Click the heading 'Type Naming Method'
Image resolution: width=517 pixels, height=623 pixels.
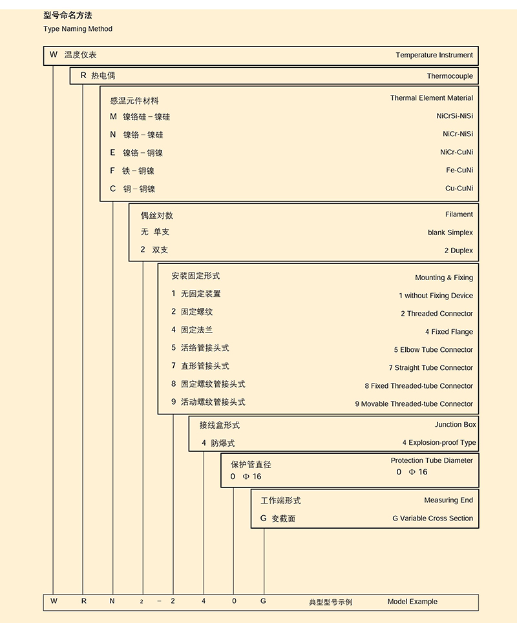[x=78, y=29]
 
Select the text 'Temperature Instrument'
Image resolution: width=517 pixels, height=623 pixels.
[x=434, y=56]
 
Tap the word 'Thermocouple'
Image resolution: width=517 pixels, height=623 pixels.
[x=450, y=76]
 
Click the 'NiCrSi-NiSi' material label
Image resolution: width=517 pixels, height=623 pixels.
[x=454, y=116]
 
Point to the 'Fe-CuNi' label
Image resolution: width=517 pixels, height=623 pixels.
[x=459, y=170]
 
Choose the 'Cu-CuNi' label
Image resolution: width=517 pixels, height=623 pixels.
[x=459, y=189]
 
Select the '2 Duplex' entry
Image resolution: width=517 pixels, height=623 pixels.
[x=458, y=250]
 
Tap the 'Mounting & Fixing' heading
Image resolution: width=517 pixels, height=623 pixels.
[x=444, y=278]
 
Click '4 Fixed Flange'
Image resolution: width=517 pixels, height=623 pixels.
[x=448, y=332]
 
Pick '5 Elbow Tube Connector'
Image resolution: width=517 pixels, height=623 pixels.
[x=433, y=350]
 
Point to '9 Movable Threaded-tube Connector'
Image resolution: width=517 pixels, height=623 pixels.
[x=414, y=404]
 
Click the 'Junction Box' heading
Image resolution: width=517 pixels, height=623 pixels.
[x=455, y=425]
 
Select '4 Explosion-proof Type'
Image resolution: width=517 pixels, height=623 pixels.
[x=439, y=443]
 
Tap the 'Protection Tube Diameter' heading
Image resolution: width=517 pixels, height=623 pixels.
[x=432, y=461]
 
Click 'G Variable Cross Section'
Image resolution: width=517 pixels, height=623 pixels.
[x=432, y=518]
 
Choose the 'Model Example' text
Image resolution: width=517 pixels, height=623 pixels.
[x=412, y=602]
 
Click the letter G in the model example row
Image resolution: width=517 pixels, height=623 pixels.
[x=264, y=601]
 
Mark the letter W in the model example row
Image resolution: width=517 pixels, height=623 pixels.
[x=54, y=601]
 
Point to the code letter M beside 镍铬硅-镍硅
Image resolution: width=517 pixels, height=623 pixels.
[x=113, y=117]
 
